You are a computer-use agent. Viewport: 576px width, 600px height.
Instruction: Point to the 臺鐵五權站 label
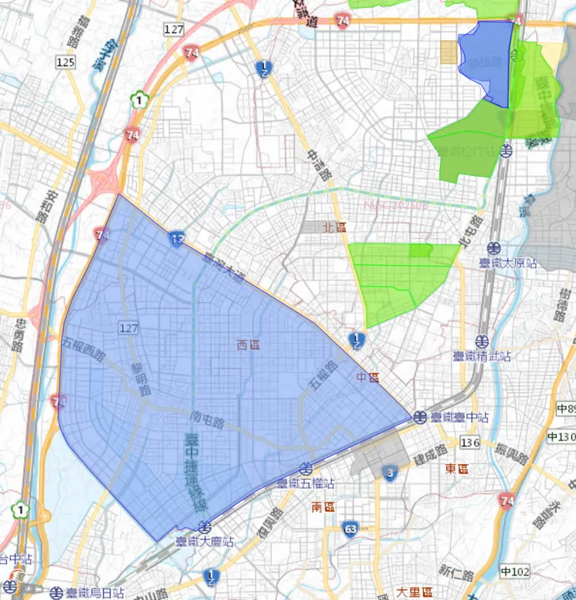(x=306, y=483)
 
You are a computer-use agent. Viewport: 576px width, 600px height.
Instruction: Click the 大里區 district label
(x=414, y=592)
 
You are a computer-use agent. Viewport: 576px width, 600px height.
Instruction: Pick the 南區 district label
(x=323, y=507)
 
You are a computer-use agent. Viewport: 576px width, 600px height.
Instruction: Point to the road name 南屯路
(x=207, y=419)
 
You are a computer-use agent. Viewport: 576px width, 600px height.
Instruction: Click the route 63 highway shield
(x=350, y=529)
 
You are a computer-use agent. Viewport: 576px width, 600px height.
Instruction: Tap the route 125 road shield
(x=65, y=61)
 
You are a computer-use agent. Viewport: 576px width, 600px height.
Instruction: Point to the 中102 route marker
(x=515, y=571)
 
